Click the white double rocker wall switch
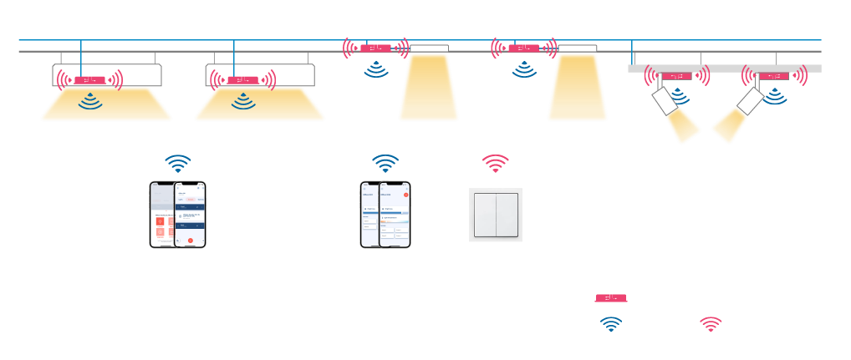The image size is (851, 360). [x=496, y=215]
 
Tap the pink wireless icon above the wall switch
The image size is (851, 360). [x=496, y=162]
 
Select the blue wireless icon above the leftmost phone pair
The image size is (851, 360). [x=177, y=162]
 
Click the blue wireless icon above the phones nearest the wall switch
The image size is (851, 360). [x=385, y=162]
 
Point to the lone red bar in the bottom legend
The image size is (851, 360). [x=611, y=298]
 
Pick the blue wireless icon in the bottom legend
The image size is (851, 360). [x=612, y=324]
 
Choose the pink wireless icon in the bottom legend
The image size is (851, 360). [x=711, y=324]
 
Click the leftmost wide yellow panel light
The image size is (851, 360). [x=106, y=105]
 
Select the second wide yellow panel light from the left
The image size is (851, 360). [x=260, y=105]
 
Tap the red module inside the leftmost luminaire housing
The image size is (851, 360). [x=89, y=80]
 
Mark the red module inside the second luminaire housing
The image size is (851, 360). [x=242, y=80]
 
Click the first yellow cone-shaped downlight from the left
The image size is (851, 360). [x=429, y=88]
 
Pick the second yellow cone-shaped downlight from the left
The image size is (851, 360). [x=577, y=88]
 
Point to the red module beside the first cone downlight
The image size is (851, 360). [x=376, y=48]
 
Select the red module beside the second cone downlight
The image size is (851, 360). [x=524, y=48]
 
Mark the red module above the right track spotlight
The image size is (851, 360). [x=774, y=77]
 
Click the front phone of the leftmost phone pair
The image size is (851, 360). [x=190, y=215]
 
